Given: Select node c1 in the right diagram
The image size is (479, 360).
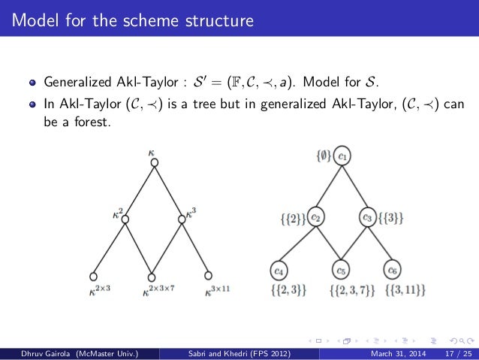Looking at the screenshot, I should tap(342, 157).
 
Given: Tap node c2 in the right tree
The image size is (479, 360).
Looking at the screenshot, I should tap(316, 218).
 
